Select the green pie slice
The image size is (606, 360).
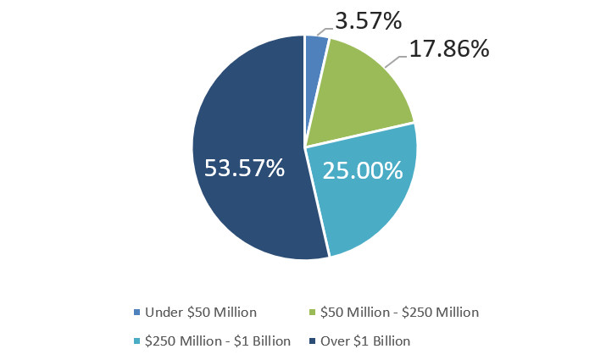pyautogui.click(x=356, y=97)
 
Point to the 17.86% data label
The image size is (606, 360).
pyautogui.click(x=449, y=50)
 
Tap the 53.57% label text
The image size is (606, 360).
pyautogui.click(x=244, y=168)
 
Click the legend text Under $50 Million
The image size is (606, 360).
pyautogui.click(x=202, y=313)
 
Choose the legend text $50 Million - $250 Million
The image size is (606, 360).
pyautogui.click(x=398, y=313)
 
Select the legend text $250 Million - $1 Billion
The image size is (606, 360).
pyautogui.click(x=218, y=341)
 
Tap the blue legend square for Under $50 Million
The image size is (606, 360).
pyautogui.click(x=137, y=313)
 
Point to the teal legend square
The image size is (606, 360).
pyautogui.click(x=137, y=342)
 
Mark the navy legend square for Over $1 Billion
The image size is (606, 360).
pyautogui.click(x=313, y=342)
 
